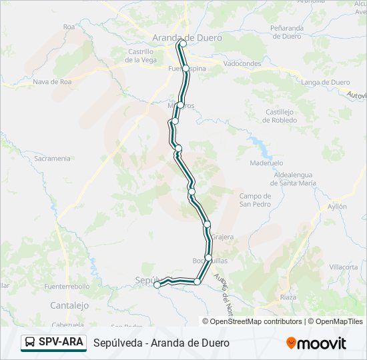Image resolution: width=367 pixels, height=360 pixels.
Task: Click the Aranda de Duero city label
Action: (187, 37)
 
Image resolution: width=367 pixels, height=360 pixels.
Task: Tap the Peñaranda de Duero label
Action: (287, 32)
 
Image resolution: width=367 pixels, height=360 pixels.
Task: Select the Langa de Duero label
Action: (326, 83)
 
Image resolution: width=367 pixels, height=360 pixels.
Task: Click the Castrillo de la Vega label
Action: (141, 55)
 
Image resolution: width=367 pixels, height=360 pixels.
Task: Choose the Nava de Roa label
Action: (52, 83)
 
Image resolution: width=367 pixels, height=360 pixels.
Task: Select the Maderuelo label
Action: (266, 163)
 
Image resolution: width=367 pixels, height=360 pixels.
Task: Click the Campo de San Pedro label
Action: (255, 200)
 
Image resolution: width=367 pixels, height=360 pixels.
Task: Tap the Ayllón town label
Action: (337, 207)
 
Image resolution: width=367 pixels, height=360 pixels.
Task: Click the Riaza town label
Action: (288, 297)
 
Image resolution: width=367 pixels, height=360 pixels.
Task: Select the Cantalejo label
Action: (69, 305)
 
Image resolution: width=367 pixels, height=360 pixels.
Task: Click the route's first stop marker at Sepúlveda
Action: (157, 285)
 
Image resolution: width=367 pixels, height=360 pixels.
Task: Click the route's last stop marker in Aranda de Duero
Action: (183, 44)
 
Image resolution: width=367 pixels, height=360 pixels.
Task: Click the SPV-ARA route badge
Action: (53, 343)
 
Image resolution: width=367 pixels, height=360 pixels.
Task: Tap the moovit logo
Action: (316, 343)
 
